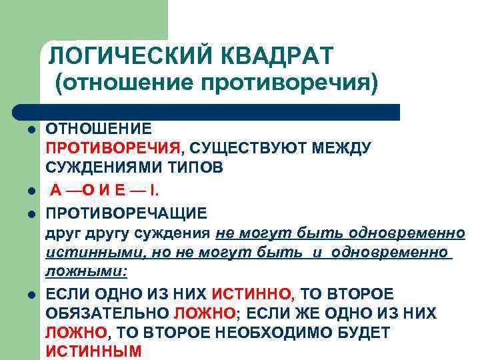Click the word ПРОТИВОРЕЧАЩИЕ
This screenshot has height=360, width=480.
pyautogui.click(x=126, y=213)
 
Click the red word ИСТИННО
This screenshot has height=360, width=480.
pyautogui.click(x=251, y=293)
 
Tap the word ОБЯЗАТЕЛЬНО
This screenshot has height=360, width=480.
pyautogui.click(x=106, y=313)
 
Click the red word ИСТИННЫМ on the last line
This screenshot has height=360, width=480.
pyautogui.click(x=93, y=351)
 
